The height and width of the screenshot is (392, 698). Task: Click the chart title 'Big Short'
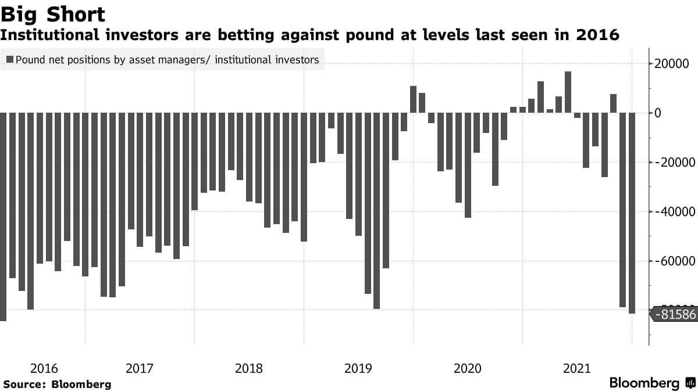[53, 14]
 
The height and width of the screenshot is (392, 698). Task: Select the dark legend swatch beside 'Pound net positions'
[10, 59]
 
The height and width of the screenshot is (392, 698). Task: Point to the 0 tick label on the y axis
[658, 113]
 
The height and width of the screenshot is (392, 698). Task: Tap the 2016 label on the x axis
[44, 368]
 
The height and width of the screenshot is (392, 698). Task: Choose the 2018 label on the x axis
[248, 368]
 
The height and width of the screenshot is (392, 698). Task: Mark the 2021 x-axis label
[576, 368]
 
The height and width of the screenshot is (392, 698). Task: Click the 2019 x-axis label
[358, 368]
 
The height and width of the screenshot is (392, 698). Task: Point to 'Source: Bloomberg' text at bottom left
[57, 384]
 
